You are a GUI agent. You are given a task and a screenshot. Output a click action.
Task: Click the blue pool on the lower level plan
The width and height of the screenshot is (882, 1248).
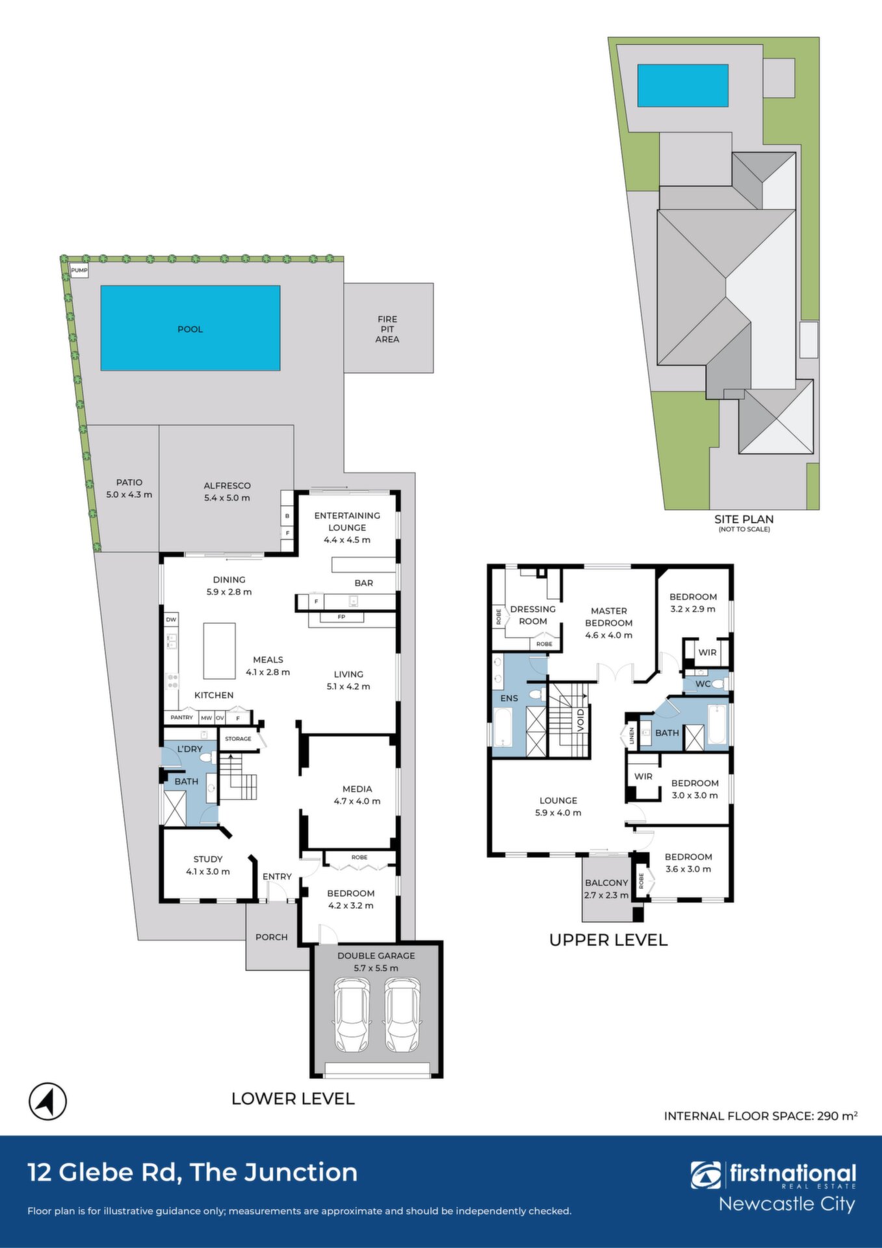pyautogui.click(x=190, y=328)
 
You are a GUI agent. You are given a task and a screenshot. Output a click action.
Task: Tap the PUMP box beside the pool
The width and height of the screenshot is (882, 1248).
pyautogui.click(x=79, y=270)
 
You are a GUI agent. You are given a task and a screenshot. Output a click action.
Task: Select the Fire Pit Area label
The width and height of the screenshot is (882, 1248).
pyautogui.click(x=387, y=329)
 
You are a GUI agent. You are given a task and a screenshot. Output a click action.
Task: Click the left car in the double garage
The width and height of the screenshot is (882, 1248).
pyautogui.click(x=352, y=1015)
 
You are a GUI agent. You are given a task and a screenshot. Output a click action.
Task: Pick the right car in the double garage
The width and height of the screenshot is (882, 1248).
pyautogui.click(x=402, y=1015)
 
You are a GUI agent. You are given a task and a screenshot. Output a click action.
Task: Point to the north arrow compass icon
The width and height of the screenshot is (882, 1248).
pyautogui.click(x=48, y=1102)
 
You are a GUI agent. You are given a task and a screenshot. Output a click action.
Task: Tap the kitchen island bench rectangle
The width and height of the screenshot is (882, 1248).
pyautogui.click(x=220, y=651)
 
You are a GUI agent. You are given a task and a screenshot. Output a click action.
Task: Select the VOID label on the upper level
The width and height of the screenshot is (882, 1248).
pyautogui.click(x=581, y=720)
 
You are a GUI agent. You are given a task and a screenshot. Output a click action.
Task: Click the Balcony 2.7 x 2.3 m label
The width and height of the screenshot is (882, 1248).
pyautogui.click(x=606, y=889)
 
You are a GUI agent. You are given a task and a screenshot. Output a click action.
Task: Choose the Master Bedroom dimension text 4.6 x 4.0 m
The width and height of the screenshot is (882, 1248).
pyautogui.click(x=609, y=635)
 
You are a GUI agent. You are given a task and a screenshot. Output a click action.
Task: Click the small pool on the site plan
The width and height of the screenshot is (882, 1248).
pyautogui.click(x=682, y=85)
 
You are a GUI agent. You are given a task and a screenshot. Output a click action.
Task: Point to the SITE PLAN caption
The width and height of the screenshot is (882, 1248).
pyautogui.click(x=744, y=519)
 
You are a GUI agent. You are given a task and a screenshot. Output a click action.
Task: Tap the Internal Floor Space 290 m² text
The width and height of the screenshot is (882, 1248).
pyautogui.click(x=760, y=1116)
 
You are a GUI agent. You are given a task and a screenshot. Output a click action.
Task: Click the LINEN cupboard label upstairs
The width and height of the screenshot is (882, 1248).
pyautogui.click(x=632, y=736)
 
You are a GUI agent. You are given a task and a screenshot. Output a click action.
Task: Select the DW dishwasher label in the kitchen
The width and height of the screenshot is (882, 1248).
pyautogui.click(x=171, y=619)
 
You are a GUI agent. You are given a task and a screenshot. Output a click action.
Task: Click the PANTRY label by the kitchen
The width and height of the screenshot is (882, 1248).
pyautogui.click(x=182, y=718)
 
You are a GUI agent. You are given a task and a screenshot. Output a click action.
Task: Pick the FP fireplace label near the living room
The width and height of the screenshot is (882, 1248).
pyautogui.click(x=341, y=617)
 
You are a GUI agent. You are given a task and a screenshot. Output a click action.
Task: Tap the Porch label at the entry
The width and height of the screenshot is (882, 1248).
pyautogui.click(x=272, y=937)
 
